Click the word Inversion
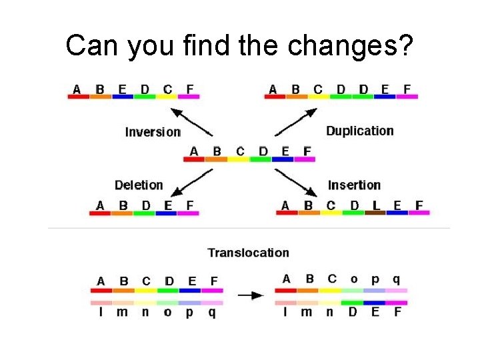[153, 132]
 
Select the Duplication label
[359, 131]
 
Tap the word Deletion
[139, 185]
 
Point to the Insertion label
[354, 185]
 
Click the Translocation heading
[248, 253]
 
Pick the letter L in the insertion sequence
[377, 205]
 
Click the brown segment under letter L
[375, 213]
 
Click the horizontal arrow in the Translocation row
[251, 295]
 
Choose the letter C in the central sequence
[240, 151]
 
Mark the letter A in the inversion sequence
[77, 89]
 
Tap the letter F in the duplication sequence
[407, 89]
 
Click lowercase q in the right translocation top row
[396, 279]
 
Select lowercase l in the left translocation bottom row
[100, 312]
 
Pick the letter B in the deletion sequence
[123, 205]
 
